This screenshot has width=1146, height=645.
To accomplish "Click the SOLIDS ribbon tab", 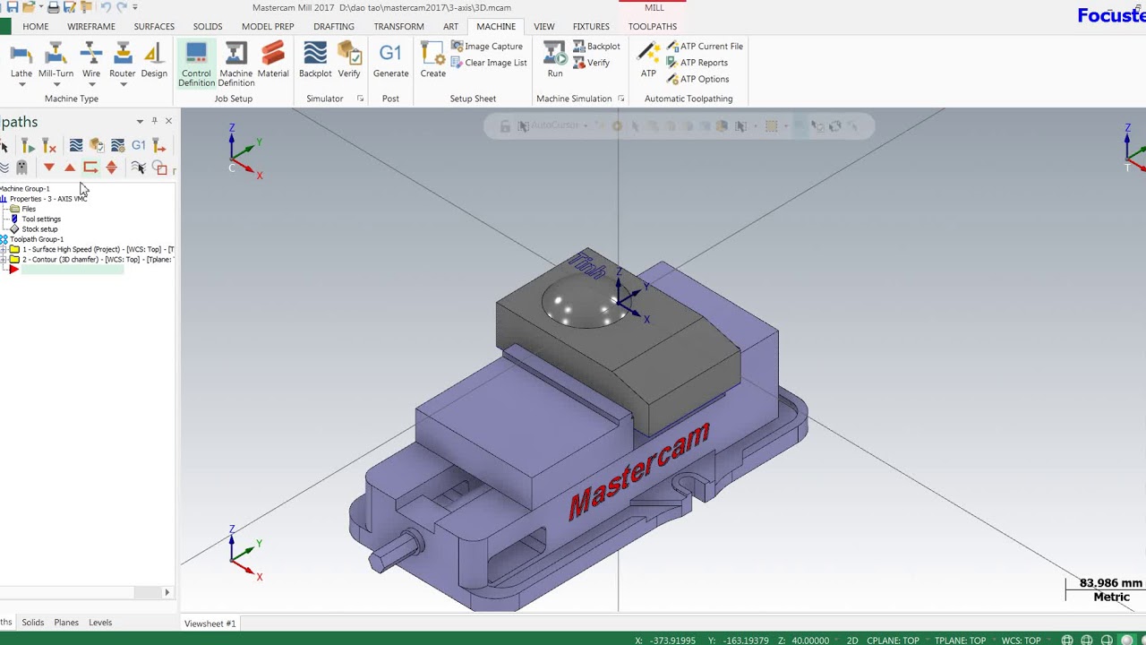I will [208, 27].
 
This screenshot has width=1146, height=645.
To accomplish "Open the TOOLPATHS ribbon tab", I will [652, 27].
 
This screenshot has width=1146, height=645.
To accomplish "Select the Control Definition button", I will [196, 64].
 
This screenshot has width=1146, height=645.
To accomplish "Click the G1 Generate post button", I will [390, 61].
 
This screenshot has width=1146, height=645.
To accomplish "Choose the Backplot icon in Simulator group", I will [315, 61].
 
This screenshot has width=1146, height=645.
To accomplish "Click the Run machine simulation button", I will [555, 61].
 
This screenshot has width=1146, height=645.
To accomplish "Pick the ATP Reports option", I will [703, 63].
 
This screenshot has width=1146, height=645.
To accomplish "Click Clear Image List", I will [495, 63].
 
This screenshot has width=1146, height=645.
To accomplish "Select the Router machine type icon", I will [122, 61].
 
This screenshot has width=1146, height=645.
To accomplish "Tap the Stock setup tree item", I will [39, 229].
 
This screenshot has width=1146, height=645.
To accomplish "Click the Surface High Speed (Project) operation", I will [97, 249].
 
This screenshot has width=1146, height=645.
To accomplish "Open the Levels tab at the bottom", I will [100, 623].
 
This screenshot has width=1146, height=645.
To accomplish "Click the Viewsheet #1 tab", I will [210, 623].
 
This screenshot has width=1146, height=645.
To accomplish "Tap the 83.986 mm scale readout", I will [1109, 583].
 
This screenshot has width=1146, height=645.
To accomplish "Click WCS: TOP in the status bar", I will [1021, 641].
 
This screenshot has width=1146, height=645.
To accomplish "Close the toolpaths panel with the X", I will [168, 121].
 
